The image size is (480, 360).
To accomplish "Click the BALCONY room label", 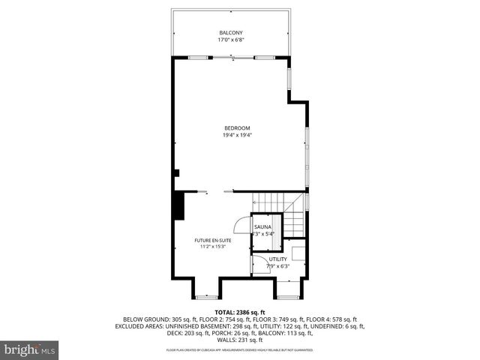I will coord(230,33).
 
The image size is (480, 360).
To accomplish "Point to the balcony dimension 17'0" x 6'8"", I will coord(230,40).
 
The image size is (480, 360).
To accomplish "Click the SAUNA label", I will coord(262,226).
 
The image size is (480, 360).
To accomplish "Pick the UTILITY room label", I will coord(278,259).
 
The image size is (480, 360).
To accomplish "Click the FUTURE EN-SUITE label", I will coord(213,241).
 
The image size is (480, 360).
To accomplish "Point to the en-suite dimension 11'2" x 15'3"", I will coord(213,247).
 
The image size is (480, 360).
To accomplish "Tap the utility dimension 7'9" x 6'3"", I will coord(278,265).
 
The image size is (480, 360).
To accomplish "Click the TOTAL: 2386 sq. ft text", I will coord(240,312).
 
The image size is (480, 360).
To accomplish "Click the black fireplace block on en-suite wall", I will coord(179,205).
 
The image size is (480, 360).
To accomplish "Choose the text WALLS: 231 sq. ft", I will coord(240,339).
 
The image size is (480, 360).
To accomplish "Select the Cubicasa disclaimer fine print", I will coord(240,350).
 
